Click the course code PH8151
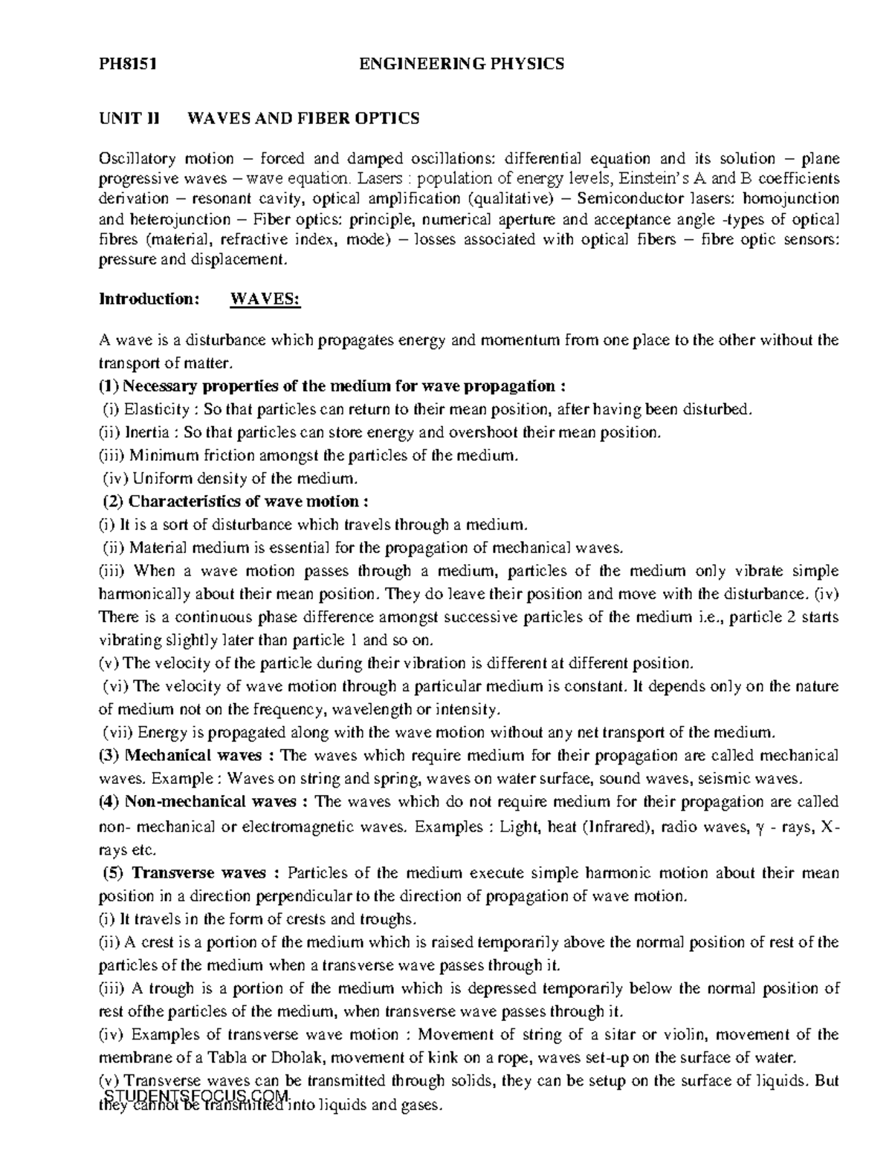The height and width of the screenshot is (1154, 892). coord(127,64)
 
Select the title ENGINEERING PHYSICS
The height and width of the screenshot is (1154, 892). coord(462,64)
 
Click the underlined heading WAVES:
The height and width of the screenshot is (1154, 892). coord(265,299)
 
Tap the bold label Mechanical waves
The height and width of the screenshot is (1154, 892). coord(193,756)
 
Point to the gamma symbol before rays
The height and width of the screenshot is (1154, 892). coord(758,827)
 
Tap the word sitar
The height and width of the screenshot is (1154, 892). coord(611,1034)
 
